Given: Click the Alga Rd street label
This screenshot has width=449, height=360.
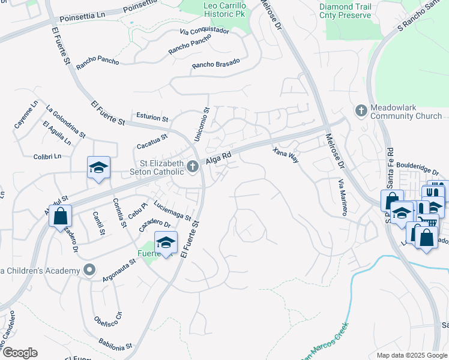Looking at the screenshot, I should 218,158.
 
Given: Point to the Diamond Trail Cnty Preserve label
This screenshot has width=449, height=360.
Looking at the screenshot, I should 354,11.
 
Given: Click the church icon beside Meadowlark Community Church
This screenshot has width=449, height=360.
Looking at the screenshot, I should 361,110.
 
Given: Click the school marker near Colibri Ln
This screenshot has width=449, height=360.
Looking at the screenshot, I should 98,168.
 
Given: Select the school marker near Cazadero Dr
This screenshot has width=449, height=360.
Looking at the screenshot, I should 166,243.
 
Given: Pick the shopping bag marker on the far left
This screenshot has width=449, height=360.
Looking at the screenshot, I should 60,216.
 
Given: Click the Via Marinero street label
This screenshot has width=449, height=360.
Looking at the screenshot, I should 342,197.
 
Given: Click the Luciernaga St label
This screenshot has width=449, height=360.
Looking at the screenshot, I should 172,209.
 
